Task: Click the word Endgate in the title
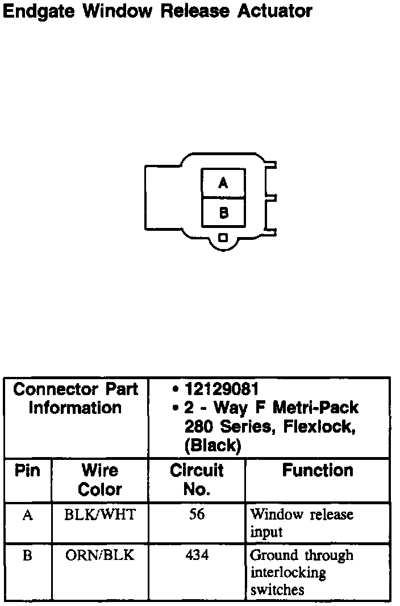click(39, 11)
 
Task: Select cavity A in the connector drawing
click(223, 183)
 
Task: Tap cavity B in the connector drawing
click(223, 213)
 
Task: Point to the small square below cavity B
click(223, 238)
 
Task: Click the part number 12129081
click(222, 389)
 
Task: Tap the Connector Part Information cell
click(76, 399)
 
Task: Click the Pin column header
click(27, 471)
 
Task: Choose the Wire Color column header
click(100, 480)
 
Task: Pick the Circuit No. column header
click(197, 480)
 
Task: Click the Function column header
click(318, 471)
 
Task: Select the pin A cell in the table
click(27, 515)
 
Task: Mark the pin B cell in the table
click(27, 555)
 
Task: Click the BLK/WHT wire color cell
click(100, 514)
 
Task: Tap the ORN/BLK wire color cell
click(100, 555)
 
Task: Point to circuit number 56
click(197, 514)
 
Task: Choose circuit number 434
click(197, 555)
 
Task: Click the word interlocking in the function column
click(288, 573)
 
